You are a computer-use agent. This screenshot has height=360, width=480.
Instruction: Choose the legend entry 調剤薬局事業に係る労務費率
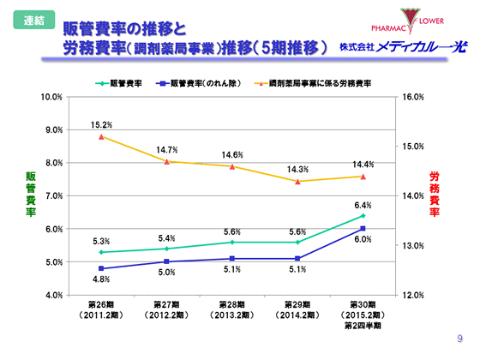318,84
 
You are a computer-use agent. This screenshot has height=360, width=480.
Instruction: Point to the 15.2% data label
102,125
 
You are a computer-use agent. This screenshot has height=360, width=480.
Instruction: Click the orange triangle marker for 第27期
167,161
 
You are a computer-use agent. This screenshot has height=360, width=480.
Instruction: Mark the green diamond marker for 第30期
363,216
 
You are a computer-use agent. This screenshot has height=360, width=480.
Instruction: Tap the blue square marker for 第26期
102,268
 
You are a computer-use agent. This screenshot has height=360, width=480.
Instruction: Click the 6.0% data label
363,239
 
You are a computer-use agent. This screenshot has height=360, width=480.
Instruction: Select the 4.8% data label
102,279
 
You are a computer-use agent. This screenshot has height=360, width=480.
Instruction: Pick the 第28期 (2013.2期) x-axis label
232,311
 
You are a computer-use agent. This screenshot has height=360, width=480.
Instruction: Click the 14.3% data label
297,170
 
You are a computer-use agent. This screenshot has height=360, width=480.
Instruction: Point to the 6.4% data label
363,206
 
